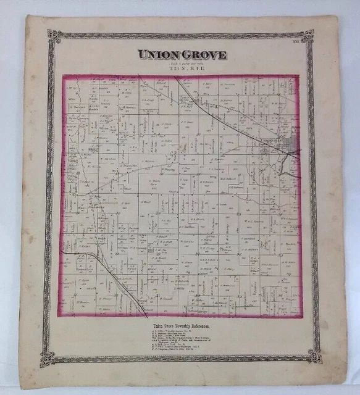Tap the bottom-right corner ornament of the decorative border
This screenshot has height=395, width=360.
(315, 356)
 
